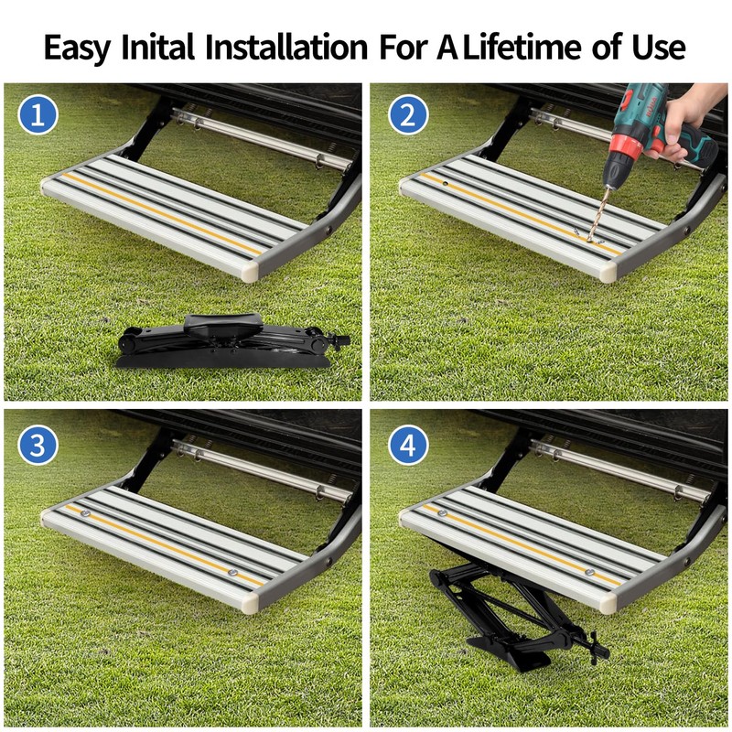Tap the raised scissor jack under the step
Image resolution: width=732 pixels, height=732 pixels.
tap(508, 613)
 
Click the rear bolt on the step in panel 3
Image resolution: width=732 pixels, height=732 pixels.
tap(83, 514)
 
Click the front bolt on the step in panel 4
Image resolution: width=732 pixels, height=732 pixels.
tap(590, 575)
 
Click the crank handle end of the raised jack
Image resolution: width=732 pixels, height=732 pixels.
tap(600, 648)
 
